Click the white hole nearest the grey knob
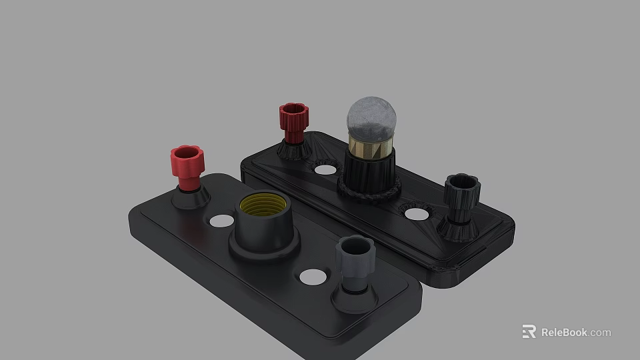pos(312,276)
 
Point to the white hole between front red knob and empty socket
pos(222,221)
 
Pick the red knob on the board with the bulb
pos(293,119)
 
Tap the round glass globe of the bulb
pos(371,117)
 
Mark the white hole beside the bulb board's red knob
pos(325,169)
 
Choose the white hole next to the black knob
pos(417,214)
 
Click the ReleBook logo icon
pos(529,331)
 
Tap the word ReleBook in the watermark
pos(563,332)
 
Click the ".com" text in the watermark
pos(600,332)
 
